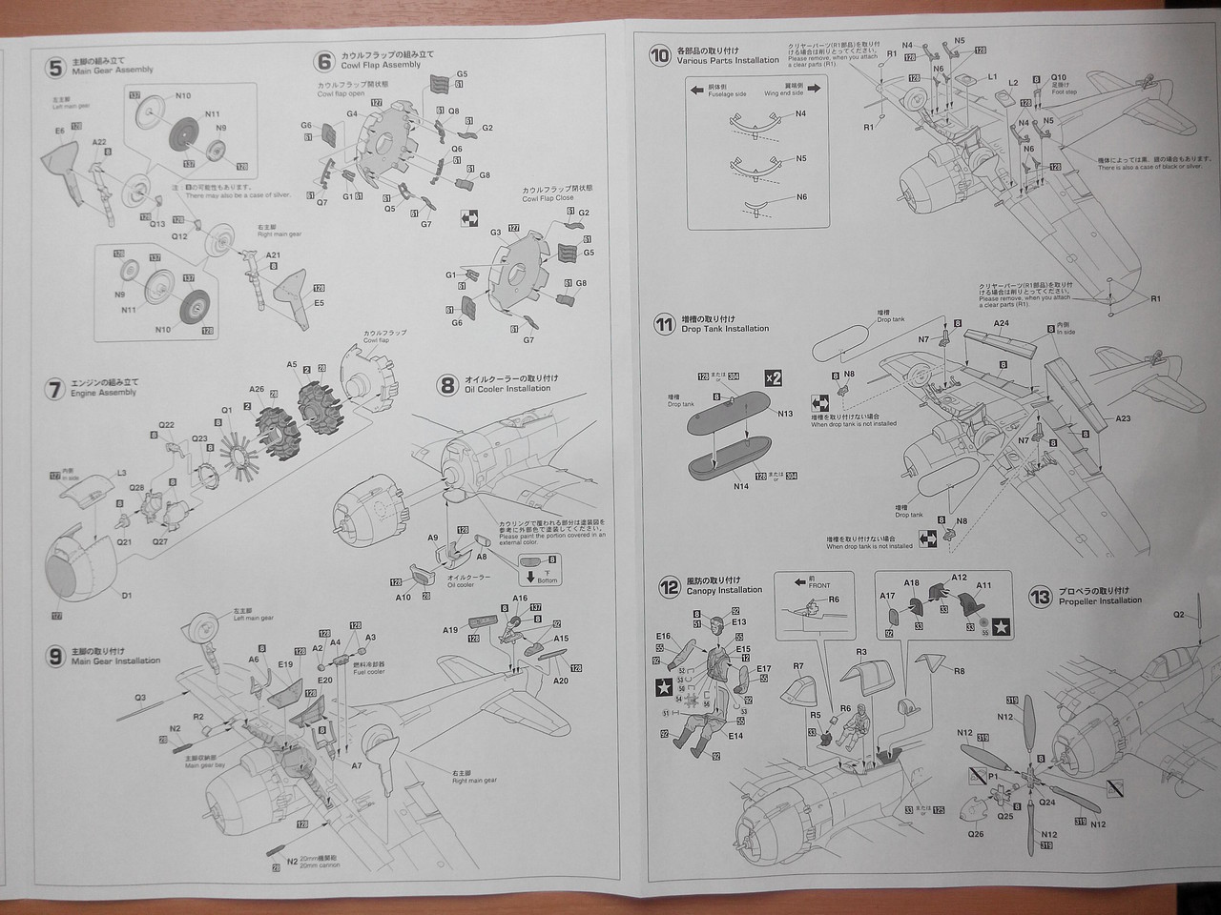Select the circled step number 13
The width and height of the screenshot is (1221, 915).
point(1040,598)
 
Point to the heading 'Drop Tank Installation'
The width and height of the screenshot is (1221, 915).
point(725,329)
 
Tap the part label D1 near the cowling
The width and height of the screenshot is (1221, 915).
point(126,596)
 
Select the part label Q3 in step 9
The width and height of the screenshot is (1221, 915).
point(139,699)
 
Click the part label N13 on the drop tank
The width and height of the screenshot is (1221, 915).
point(784,414)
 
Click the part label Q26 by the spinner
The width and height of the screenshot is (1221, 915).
point(974,834)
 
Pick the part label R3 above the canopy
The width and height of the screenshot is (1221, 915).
point(859,652)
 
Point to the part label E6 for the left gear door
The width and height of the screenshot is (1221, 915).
point(59,131)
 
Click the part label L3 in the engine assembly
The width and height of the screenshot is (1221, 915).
point(121,474)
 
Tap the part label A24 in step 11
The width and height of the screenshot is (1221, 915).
point(1001,323)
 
